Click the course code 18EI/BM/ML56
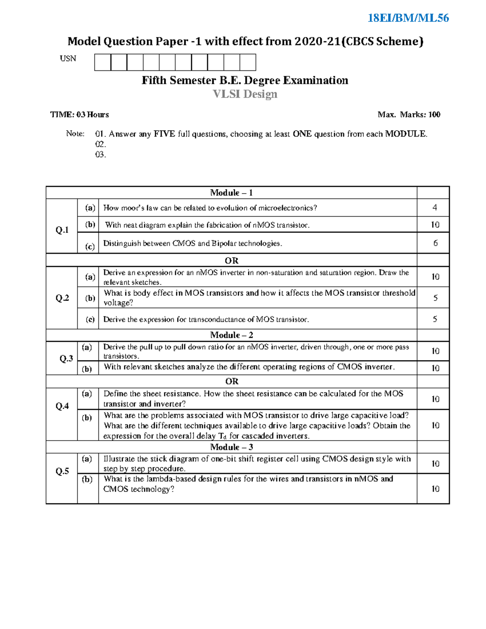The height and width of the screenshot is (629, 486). point(408,18)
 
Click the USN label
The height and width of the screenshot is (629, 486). point(68,59)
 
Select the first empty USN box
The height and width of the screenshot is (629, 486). point(102,62)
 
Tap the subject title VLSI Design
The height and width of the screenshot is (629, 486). point(245,94)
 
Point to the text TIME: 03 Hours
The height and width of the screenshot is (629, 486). point(79,115)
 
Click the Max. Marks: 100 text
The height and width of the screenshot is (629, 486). point(409,115)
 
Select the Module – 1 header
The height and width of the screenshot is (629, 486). point(231,193)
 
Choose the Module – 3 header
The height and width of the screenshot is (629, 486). point(231,447)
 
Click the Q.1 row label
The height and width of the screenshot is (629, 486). point(62,230)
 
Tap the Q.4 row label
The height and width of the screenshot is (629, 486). point(62,406)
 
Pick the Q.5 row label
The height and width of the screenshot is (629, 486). point(62,471)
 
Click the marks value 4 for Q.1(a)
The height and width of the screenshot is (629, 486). point(435,208)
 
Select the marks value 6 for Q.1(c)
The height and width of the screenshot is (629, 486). point(435,243)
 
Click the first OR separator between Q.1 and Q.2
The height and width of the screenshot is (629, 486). point(231,260)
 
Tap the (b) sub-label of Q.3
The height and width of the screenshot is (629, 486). point(87,369)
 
